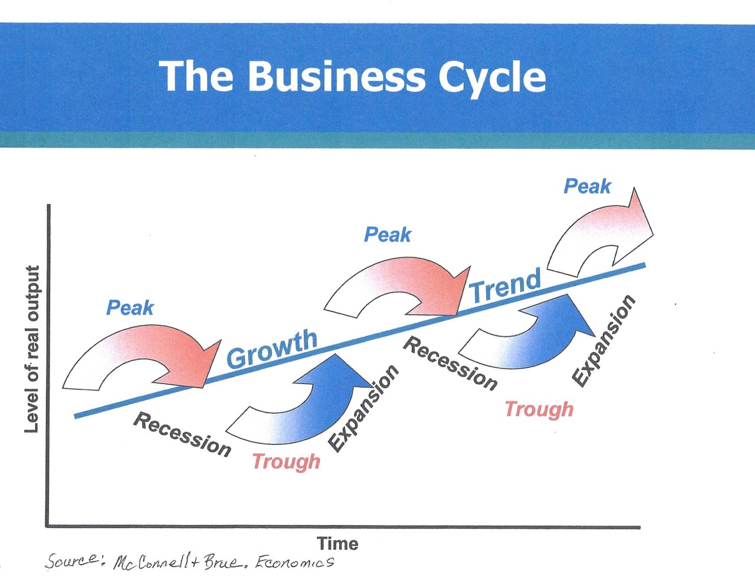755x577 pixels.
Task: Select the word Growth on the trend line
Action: [x=272, y=348]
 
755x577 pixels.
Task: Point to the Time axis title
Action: [x=337, y=543]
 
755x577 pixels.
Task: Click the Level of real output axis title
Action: [x=32, y=349]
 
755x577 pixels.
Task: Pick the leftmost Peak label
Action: [x=130, y=307]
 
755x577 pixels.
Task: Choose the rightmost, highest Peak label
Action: [x=587, y=186]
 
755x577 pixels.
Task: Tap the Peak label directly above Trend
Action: [x=388, y=235]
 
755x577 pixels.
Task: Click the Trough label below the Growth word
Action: [x=286, y=461]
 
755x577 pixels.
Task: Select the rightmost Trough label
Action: [x=539, y=409]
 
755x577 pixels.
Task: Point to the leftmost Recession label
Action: [x=182, y=435]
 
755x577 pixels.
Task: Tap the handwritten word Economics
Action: [x=294, y=562]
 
